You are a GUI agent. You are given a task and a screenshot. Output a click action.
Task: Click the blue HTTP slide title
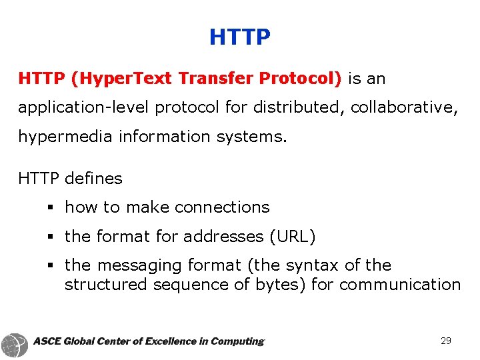point(240,37)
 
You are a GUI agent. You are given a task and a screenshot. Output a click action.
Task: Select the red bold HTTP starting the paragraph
point(41,79)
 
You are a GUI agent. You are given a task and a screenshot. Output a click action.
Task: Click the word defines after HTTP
point(94,179)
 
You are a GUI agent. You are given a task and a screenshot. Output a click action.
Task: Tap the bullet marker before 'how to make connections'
point(51,208)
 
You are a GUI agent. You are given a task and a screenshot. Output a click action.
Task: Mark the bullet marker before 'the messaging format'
point(51,266)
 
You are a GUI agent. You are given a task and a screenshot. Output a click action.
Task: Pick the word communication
point(400,285)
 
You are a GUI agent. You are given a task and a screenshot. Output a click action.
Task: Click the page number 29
point(446,341)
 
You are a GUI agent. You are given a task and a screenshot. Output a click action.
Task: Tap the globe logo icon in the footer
point(15,344)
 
